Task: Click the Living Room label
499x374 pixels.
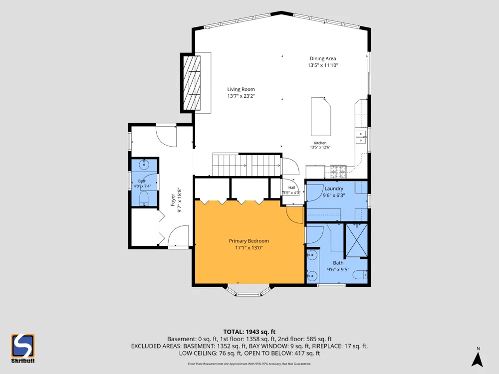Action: (241, 89)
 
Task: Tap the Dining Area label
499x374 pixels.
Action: (323, 58)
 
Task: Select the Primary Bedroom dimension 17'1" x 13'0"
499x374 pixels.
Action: (249, 248)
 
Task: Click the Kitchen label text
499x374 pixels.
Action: (320, 143)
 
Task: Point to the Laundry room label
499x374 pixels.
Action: (334, 188)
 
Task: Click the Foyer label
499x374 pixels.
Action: (173, 200)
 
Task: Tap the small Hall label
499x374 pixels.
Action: (292, 187)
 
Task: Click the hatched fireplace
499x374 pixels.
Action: (191, 83)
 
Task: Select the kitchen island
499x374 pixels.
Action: (321, 116)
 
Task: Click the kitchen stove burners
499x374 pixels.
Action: (338, 172)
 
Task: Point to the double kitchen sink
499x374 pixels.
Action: (361, 137)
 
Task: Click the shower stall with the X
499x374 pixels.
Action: (356, 240)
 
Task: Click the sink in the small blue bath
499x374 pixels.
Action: (144, 165)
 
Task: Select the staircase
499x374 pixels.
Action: (247, 165)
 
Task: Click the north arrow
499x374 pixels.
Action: (478, 359)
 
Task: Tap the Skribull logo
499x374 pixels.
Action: (23, 348)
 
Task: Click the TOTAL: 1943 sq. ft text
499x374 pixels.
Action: (249, 332)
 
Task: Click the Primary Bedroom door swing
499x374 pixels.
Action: (295, 214)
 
